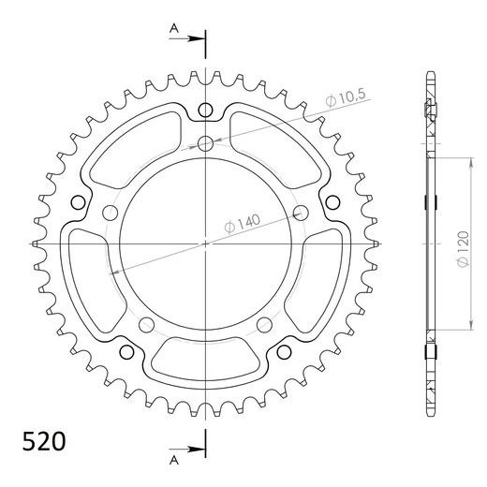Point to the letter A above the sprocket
(173, 29)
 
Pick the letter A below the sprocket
(173, 460)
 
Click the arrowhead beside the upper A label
(198, 39)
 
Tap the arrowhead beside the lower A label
(198, 448)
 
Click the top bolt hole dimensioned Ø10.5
(205, 143)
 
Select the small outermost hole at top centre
(205, 111)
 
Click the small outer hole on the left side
(79, 202)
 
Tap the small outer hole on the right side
(332, 202)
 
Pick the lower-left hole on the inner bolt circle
(146, 325)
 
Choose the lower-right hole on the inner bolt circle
(265, 325)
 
